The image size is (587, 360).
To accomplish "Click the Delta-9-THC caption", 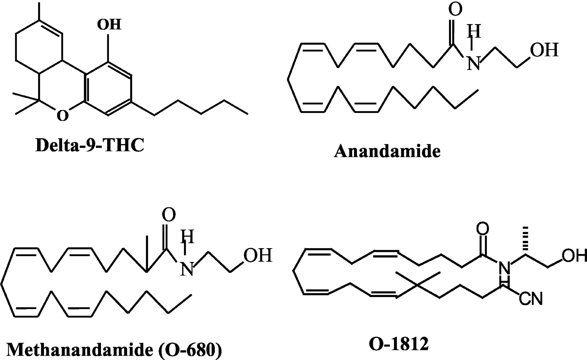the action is tap(90, 145).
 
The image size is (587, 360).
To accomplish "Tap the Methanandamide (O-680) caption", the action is tap(114, 350).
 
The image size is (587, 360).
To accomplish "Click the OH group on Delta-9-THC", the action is tap(110, 24).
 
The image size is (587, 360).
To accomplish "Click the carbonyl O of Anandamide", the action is tap(455, 9).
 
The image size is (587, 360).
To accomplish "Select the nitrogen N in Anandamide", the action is tap(474, 63).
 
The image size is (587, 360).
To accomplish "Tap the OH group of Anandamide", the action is tap(544, 50).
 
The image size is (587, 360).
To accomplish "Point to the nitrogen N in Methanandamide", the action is tap(187, 269).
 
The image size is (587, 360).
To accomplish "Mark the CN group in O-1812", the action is tap(530, 298).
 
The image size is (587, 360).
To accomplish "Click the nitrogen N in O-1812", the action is tap(504, 268).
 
